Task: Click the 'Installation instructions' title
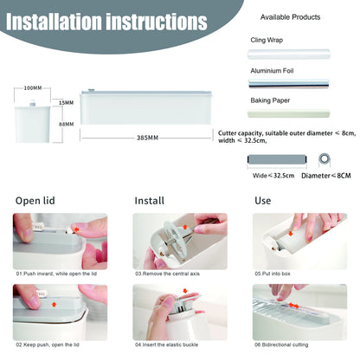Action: pyautogui.click(x=106, y=22)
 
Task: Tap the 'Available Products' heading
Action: pyautogui.click(x=290, y=17)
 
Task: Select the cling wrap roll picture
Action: pyautogui.click(x=289, y=55)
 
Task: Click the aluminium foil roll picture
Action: pyautogui.click(x=289, y=84)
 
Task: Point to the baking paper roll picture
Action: pyautogui.click(x=289, y=113)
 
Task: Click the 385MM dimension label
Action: pyautogui.click(x=147, y=138)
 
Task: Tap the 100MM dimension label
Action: pyautogui.click(x=33, y=88)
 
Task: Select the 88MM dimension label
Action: pyautogui.click(x=66, y=125)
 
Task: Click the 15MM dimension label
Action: pyautogui.click(x=66, y=103)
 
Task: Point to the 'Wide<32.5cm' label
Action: pyautogui.click(x=273, y=176)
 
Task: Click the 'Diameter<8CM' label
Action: pyautogui.click(x=326, y=176)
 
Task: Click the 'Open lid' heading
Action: pyautogui.click(x=35, y=201)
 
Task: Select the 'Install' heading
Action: pyautogui.click(x=150, y=201)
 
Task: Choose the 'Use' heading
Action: pyautogui.click(x=263, y=201)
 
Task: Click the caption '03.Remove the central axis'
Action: pyautogui.click(x=167, y=273)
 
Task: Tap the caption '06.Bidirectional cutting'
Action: pyautogui.click(x=281, y=344)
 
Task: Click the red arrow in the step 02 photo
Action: pyautogui.click(x=54, y=304)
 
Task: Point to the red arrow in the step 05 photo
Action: pyautogui.click(x=291, y=233)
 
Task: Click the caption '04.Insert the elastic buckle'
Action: pyautogui.click(x=166, y=344)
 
